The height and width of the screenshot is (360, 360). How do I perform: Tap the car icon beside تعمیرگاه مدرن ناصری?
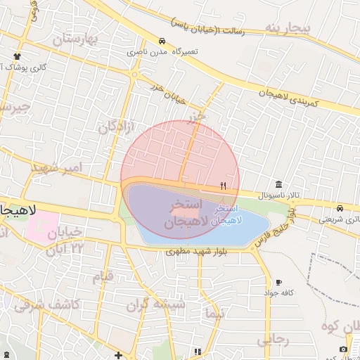(162, 41)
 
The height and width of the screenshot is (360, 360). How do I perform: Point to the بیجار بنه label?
(287, 27)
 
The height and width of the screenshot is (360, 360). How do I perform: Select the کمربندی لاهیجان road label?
(288, 97)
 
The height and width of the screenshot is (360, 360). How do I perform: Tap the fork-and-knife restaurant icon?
(224, 186)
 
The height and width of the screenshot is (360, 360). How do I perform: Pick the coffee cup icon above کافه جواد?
(279, 282)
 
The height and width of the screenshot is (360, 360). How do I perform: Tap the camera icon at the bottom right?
(343, 349)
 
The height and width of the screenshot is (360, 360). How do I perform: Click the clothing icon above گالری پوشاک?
(17, 56)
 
